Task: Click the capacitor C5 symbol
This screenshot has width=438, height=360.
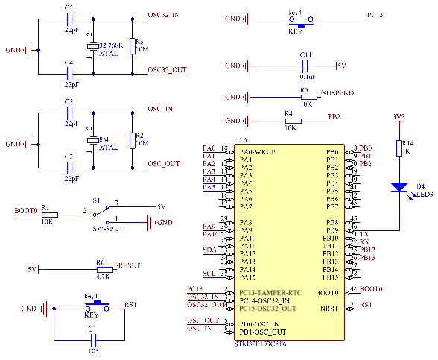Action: [70, 19]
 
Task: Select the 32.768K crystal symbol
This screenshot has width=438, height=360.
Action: [93, 46]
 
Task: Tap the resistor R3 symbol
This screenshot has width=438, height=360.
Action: [132, 46]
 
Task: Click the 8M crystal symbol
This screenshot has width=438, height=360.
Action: [93, 140]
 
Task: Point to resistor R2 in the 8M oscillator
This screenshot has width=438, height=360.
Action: [132, 140]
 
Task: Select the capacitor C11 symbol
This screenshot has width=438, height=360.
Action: [306, 66]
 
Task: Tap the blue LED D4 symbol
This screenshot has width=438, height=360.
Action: [400, 187]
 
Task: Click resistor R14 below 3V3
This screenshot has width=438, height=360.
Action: [400, 148]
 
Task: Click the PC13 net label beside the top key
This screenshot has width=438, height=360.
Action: [375, 15]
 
